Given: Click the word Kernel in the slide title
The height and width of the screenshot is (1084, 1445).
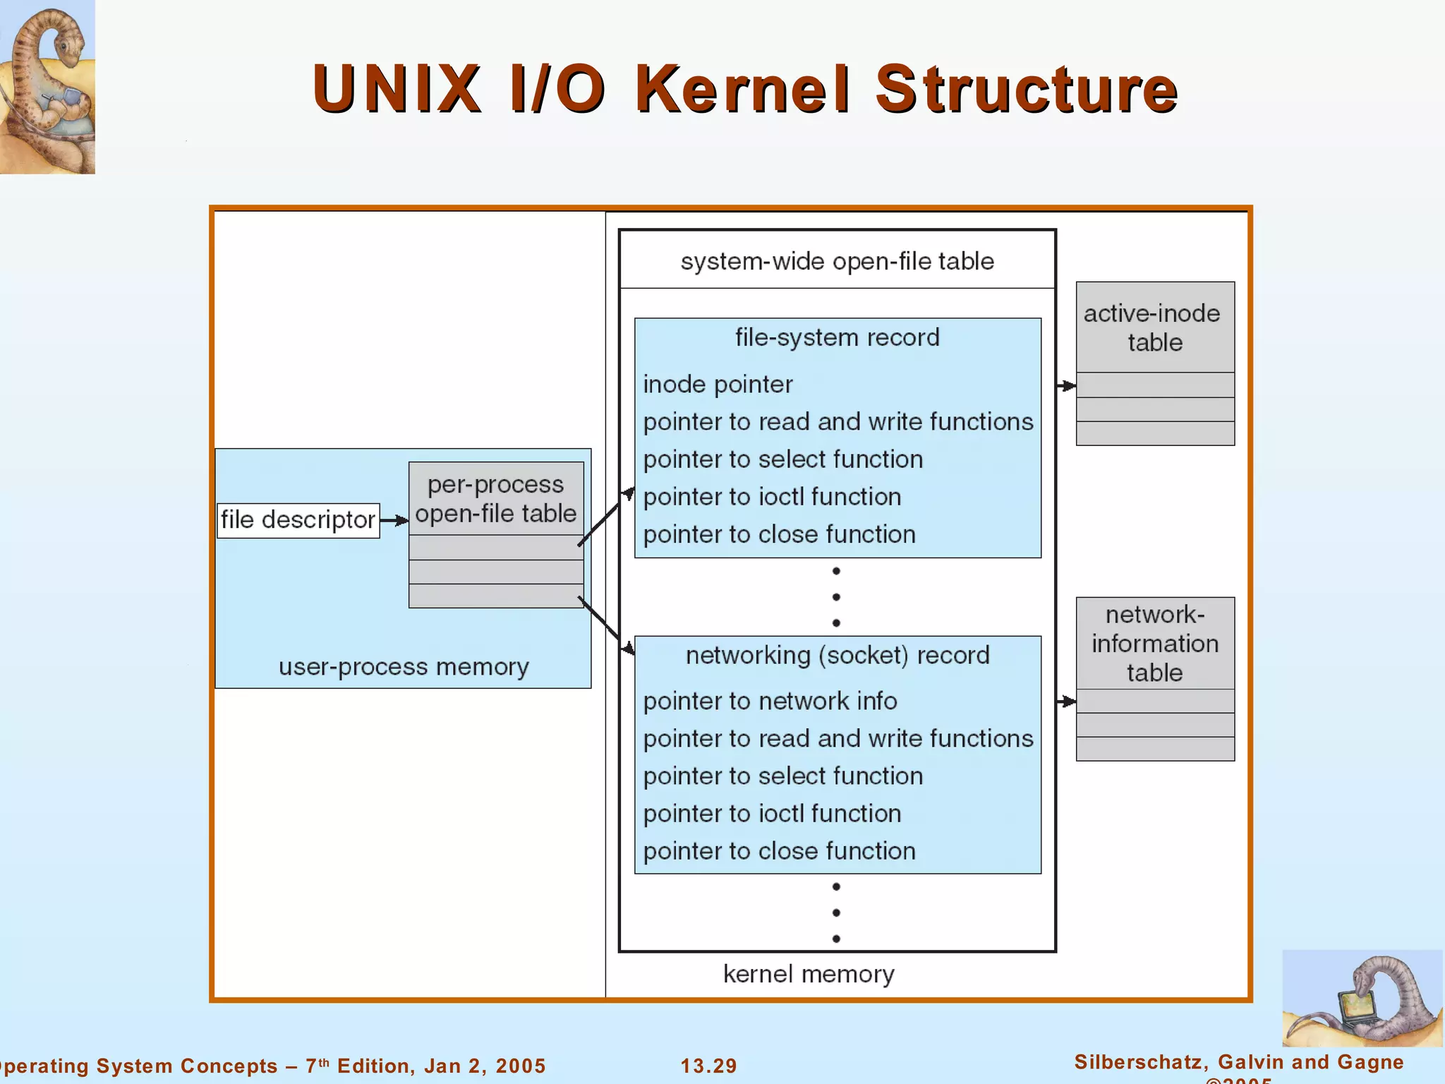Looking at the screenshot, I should click(742, 90).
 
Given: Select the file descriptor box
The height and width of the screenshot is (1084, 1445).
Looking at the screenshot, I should click(298, 520).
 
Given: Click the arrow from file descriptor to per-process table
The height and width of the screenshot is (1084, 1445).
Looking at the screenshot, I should click(394, 521).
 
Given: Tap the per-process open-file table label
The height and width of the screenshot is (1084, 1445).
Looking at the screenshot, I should click(495, 499).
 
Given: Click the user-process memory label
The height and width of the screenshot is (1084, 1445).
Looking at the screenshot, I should click(404, 667).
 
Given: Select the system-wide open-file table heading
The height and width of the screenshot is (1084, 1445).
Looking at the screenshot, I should click(837, 261).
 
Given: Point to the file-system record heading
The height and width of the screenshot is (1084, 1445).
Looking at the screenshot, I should click(837, 337).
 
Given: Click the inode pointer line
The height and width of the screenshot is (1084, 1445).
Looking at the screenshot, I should click(718, 385).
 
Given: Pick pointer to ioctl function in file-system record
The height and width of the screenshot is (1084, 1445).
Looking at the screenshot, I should click(772, 497).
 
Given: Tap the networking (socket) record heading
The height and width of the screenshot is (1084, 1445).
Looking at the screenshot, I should click(837, 656).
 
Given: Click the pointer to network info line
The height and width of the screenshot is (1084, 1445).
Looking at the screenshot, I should click(770, 701).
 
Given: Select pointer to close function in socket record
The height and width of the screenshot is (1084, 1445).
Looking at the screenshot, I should click(779, 851).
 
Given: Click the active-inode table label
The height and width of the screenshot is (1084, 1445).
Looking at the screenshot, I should click(1154, 328).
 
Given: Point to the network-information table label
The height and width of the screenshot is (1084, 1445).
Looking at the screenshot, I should click(1154, 643).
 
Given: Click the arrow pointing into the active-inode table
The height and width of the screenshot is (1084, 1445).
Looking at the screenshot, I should click(1066, 386).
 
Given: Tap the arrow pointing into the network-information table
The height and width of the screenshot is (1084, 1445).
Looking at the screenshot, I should click(1066, 701).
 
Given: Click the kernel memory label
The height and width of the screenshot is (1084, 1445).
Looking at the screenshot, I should click(809, 975).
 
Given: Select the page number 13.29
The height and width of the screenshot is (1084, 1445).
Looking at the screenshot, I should click(708, 1066).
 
